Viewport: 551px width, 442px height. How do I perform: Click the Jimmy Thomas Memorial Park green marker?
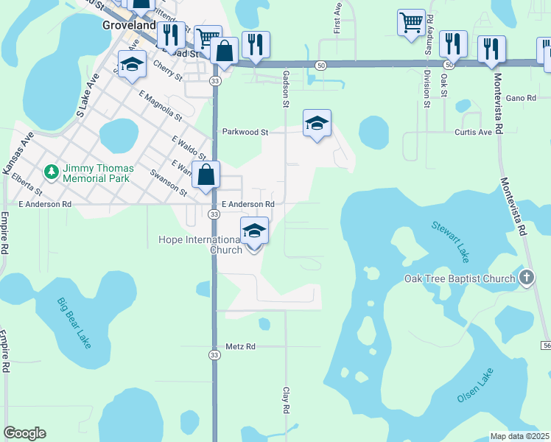[x=51, y=172]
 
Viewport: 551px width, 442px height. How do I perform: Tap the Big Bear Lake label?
[x=77, y=323]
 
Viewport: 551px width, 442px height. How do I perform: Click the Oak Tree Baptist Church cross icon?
[x=526, y=278]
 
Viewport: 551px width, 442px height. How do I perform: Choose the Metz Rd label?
[x=240, y=345]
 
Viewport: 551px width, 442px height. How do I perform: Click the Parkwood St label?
[x=245, y=132]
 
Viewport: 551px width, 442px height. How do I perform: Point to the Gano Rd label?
[x=520, y=97]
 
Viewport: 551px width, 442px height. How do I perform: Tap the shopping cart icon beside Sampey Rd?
[x=412, y=22]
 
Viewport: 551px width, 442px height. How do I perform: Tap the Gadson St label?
[x=286, y=89]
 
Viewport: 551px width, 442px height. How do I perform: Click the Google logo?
[x=24, y=433]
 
